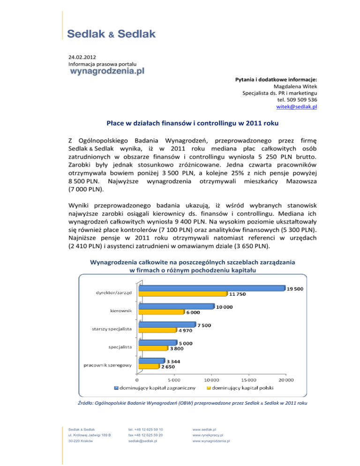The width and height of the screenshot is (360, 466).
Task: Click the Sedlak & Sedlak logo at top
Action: [x=111, y=34]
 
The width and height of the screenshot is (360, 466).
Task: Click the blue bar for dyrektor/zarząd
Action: [x=211, y=288]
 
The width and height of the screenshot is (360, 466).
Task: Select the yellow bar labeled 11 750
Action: [x=183, y=294]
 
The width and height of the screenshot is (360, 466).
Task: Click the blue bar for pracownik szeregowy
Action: [x=150, y=361]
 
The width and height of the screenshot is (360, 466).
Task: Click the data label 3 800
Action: [x=177, y=348]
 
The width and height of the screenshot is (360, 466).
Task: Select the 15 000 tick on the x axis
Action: [x=248, y=380]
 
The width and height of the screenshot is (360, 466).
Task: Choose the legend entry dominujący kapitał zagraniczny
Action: [x=155, y=388]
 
